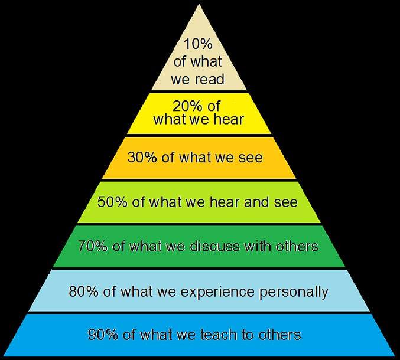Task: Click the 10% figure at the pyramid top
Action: click(x=198, y=44)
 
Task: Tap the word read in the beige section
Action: click(x=210, y=79)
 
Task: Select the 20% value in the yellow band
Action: click(x=187, y=106)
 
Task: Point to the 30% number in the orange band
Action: click(x=142, y=157)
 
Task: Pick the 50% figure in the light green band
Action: click(x=112, y=202)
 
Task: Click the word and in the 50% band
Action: click(x=256, y=202)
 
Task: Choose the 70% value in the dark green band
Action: click(x=93, y=246)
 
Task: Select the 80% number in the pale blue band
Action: click(x=83, y=291)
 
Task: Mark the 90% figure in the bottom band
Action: click(x=103, y=335)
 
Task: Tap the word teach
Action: click(x=219, y=335)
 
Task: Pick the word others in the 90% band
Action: click(x=279, y=335)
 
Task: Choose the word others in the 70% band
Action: click(x=297, y=246)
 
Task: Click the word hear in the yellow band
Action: click(x=229, y=119)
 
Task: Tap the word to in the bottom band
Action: click(x=248, y=335)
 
